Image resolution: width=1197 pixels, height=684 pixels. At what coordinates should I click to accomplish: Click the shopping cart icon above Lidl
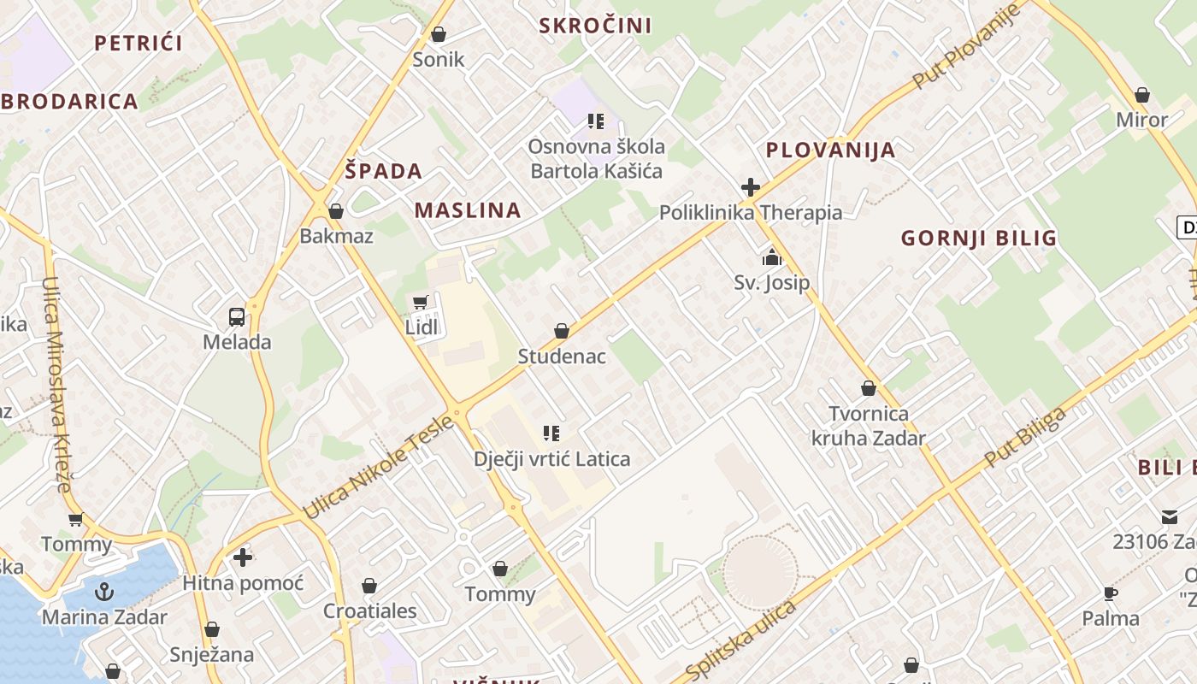point(420,303)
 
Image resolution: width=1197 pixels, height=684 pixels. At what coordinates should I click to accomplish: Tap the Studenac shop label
point(562,357)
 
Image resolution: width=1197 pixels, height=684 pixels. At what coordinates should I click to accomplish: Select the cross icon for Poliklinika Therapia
point(751,187)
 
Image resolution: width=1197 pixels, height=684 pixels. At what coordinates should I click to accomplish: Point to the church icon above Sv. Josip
point(772,257)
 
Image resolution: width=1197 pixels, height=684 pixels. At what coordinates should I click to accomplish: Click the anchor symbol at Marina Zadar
point(104,592)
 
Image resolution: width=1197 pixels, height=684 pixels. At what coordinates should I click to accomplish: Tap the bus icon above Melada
point(237,317)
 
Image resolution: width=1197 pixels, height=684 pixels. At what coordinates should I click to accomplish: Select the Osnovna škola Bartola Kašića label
point(596,159)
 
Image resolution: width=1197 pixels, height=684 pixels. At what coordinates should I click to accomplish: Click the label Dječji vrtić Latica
point(552,459)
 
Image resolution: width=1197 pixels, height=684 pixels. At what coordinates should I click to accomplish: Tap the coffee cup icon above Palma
point(1111,593)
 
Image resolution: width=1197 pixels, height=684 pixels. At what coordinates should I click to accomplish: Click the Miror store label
point(1141,120)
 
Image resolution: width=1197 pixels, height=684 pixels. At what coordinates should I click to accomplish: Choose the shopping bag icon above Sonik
point(439,34)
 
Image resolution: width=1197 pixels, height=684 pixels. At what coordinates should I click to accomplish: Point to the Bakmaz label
point(336,236)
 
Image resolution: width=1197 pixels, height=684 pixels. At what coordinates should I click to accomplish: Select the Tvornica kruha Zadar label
point(869,426)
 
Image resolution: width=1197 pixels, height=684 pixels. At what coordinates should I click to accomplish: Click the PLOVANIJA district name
point(830,150)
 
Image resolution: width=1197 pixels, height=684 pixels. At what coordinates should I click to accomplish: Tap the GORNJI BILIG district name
point(979,239)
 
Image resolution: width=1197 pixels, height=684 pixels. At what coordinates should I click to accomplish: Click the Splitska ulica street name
point(741,639)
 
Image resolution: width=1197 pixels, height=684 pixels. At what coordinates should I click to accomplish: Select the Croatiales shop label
point(369,611)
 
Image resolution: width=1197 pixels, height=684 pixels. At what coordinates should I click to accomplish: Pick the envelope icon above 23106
point(1169,516)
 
